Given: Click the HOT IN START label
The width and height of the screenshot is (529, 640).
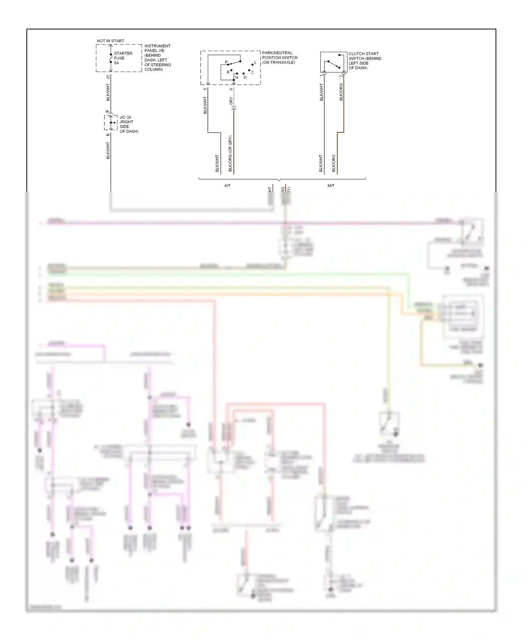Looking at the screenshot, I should pos(110,41).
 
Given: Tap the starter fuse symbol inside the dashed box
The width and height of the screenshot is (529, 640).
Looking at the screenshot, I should pos(111,58).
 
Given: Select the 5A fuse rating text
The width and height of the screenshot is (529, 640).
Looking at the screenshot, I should pos(116,63).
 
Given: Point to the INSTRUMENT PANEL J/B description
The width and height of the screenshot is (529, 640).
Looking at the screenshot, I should pos(158,58).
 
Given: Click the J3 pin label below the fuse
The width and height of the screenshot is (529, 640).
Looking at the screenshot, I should pos(108,77).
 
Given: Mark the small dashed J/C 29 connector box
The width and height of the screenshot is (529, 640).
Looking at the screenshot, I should pos(111,123).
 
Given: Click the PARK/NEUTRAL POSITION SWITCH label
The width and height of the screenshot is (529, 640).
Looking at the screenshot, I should pos(280,57).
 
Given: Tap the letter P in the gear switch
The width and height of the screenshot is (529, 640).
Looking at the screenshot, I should pos(226,62).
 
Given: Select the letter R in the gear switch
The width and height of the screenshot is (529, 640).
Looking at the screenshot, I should pos(228,72).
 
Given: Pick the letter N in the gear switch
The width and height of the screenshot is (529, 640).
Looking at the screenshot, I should pos(237,78).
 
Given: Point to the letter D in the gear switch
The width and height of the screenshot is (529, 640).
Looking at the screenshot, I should pos(245,78).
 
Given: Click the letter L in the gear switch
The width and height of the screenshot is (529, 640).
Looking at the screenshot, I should pos(255,62).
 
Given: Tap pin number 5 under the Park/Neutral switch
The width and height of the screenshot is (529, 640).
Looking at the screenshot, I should pos(205,89).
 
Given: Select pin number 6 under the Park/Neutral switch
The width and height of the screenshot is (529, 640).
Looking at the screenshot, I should pos(231,89).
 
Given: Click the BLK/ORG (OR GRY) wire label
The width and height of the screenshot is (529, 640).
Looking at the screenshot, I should pos(230,154).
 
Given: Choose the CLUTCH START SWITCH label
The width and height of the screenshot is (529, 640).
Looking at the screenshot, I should pos(365,61).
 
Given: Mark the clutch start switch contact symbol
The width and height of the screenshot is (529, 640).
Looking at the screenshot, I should pos(334,62).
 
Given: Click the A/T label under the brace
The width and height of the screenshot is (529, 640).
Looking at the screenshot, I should pos(227,186).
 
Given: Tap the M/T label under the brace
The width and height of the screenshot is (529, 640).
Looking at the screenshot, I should pos(331,186).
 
